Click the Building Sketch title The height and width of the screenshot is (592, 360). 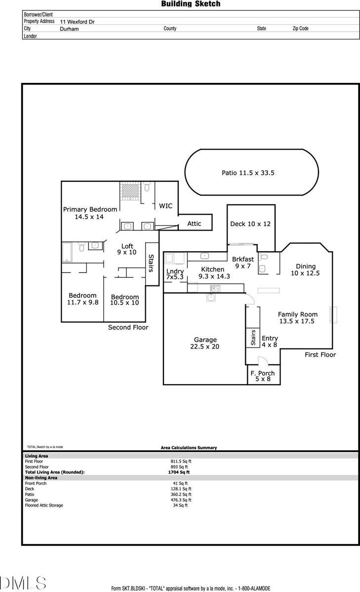(x=191, y=4)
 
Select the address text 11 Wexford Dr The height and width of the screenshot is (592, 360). (x=78, y=22)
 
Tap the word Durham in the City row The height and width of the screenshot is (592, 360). (x=69, y=29)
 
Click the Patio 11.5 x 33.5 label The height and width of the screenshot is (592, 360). (x=247, y=173)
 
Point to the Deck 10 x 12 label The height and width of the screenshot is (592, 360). (x=250, y=224)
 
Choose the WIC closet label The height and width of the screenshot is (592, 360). (x=165, y=206)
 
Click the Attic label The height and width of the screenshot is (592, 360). (x=194, y=224)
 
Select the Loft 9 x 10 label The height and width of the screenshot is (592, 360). (x=127, y=249)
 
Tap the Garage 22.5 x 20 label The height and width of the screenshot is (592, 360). (x=205, y=343)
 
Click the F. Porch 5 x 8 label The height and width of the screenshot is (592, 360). (x=262, y=376)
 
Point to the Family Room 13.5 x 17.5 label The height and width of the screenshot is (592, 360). (x=297, y=317)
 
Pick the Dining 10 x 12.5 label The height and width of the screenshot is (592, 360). (x=305, y=270)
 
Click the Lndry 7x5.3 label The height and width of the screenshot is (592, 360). (x=175, y=275)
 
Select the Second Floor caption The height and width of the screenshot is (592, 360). (x=128, y=327)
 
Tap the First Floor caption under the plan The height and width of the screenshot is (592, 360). (x=320, y=355)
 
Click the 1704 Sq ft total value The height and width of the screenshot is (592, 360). (x=178, y=472)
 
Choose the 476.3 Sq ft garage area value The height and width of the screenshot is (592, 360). (x=181, y=500)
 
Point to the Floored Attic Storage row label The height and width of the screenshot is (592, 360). (x=44, y=505)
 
